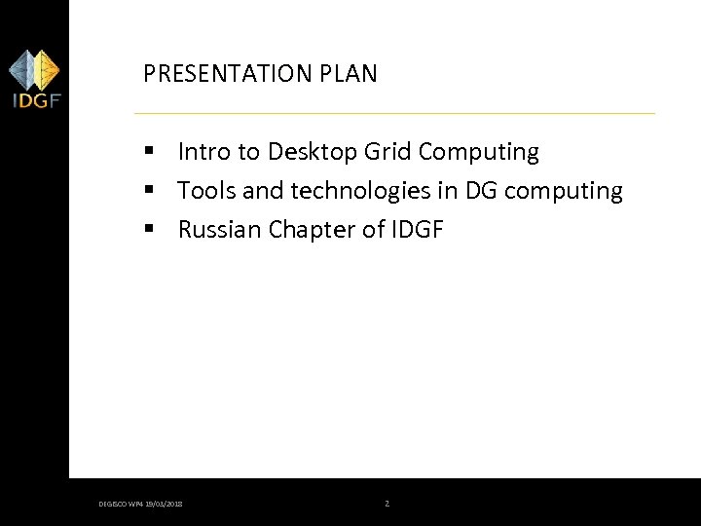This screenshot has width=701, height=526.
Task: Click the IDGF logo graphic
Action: [x=34, y=70]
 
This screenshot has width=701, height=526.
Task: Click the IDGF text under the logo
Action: [x=34, y=100]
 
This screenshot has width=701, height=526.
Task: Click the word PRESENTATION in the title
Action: [x=222, y=74]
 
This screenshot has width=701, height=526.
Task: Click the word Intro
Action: [x=203, y=152]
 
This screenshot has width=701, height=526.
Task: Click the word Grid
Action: [x=388, y=152]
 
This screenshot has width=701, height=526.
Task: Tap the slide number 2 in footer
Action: [x=387, y=504]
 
